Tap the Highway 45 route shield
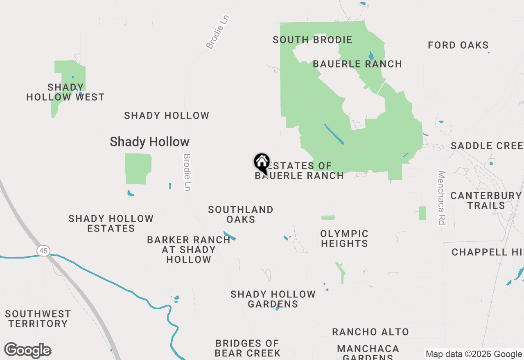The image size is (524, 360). pyautogui.click(x=43, y=250)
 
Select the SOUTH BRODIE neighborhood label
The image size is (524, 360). pyautogui.click(x=312, y=40)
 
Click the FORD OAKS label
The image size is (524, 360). pyautogui.click(x=458, y=45)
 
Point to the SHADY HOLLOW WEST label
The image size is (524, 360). pyautogui.click(x=65, y=92)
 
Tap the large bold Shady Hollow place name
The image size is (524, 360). pyautogui.click(x=149, y=142)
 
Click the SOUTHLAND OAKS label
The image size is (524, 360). pyautogui.click(x=241, y=214)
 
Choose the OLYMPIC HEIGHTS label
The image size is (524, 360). pyautogui.click(x=344, y=239)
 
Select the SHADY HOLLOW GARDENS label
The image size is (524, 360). pyautogui.click(x=273, y=299)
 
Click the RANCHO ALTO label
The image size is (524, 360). pyautogui.click(x=370, y=332)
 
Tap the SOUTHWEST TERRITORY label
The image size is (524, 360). pyautogui.click(x=38, y=319)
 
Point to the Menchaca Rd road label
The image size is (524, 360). pyautogui.click(x=441, y=198)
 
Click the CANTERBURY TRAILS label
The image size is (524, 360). pyautogui.click(x=486, y=200)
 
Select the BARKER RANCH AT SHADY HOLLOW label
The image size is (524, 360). pyautogui.click(x=189, y=250)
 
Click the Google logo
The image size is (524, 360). pyautogui.click(x=28, y=351)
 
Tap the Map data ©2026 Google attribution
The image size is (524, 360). pyautogui.click(x=474, y=354)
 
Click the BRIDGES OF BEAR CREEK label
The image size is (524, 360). pyautogui.click(x=247, y=348)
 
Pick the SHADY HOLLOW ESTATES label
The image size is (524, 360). pyautogui.click(x=111, y=223)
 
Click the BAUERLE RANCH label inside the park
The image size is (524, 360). pyautogui.click(x=357, y=64)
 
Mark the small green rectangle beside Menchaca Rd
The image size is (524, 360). pyautogui.click(x=422, y=213)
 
